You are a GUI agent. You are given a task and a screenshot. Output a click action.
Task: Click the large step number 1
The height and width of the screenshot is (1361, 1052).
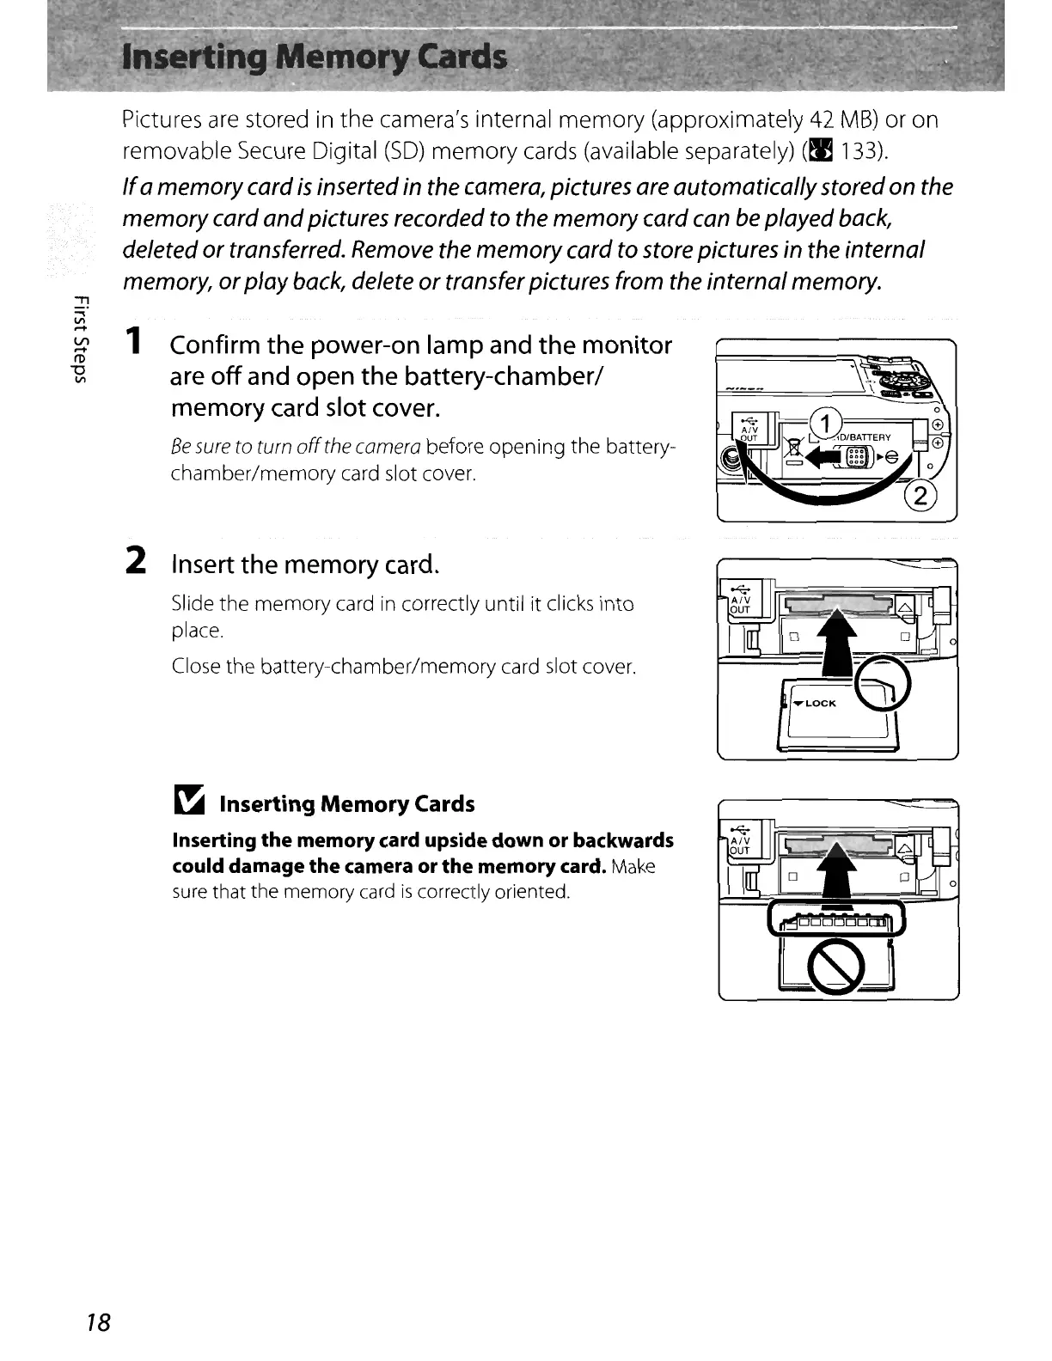coord(134,343)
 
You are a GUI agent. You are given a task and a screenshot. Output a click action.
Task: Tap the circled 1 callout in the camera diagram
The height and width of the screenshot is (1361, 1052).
coord(825,424)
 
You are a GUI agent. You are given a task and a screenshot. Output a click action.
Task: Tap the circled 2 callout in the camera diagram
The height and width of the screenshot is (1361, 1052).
coord(921,497)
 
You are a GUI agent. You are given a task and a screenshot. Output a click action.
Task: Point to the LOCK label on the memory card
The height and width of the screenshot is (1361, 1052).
coord(820,703)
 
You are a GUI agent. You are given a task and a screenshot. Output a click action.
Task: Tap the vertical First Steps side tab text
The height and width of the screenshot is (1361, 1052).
coord(79,335)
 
